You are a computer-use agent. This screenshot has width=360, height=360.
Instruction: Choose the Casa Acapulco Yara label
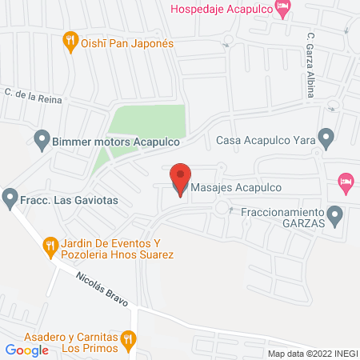tap(266, 138)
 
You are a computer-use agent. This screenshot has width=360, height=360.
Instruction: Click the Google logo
tap(26, 350)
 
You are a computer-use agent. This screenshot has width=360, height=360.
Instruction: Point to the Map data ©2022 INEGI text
tap(312, 354)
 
